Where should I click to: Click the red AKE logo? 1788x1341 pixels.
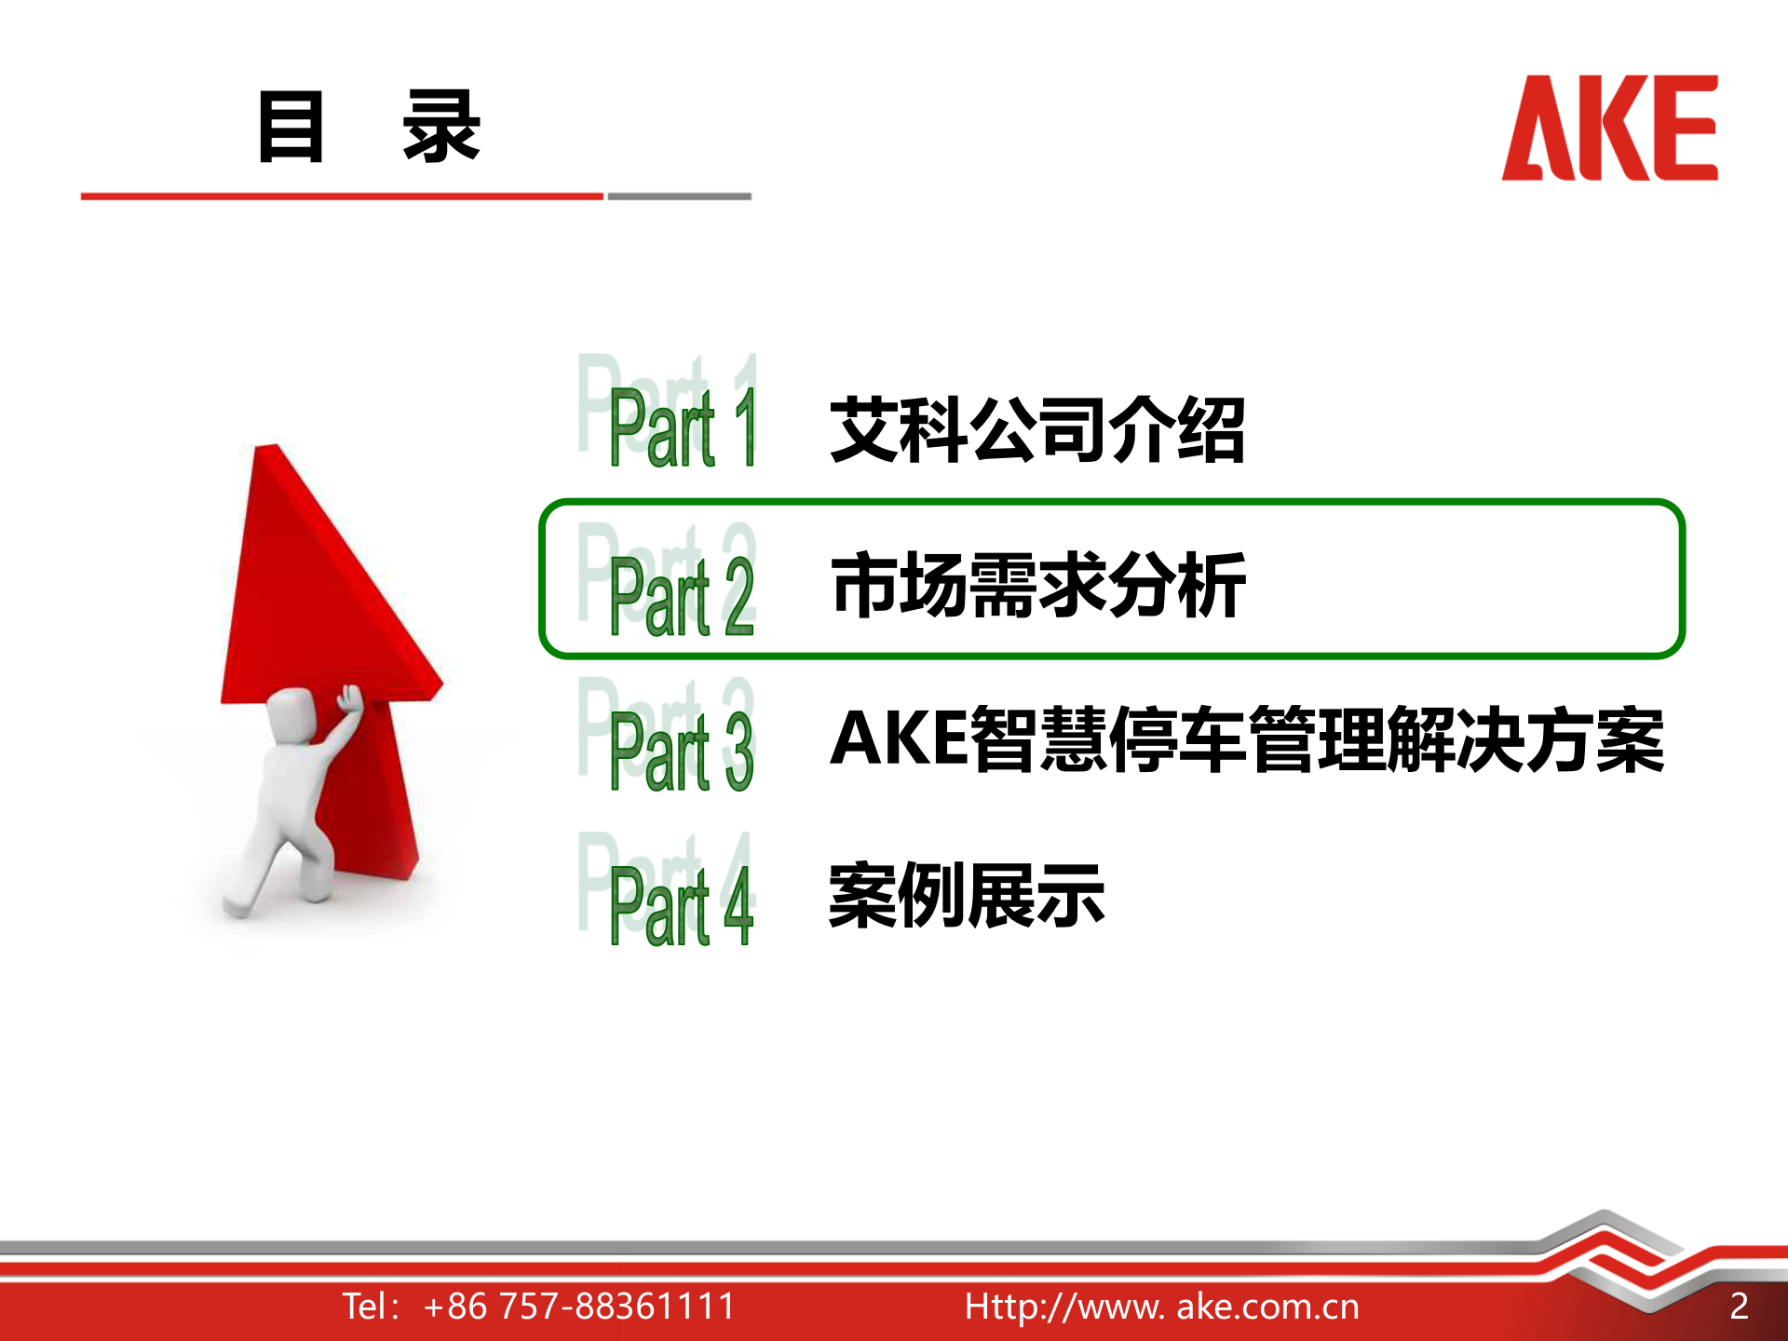tap(1609, 129)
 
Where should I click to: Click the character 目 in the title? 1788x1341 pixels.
tap(291, 127)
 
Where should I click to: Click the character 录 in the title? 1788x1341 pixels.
tap(440, 127)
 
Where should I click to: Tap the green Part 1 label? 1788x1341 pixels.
tap(681, 427)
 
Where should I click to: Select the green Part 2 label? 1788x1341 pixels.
tap(681, 596)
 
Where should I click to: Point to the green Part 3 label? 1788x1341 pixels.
tap(681, 751)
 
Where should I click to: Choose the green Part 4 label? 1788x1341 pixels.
tap(681, 905)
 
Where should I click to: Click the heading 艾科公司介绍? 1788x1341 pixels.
tap(1036, 429)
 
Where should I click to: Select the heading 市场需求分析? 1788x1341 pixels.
tap(1037, 585)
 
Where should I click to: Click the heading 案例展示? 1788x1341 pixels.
tap(967, 895)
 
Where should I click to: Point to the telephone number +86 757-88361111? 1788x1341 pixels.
tap(578, 1306)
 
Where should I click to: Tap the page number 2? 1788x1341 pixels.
tap(1739, 1306)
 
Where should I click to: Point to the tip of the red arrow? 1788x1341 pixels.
tap(271, 451)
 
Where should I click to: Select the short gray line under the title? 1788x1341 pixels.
tap(679, 196)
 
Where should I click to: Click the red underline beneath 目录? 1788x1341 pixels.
tap(342, 196)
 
